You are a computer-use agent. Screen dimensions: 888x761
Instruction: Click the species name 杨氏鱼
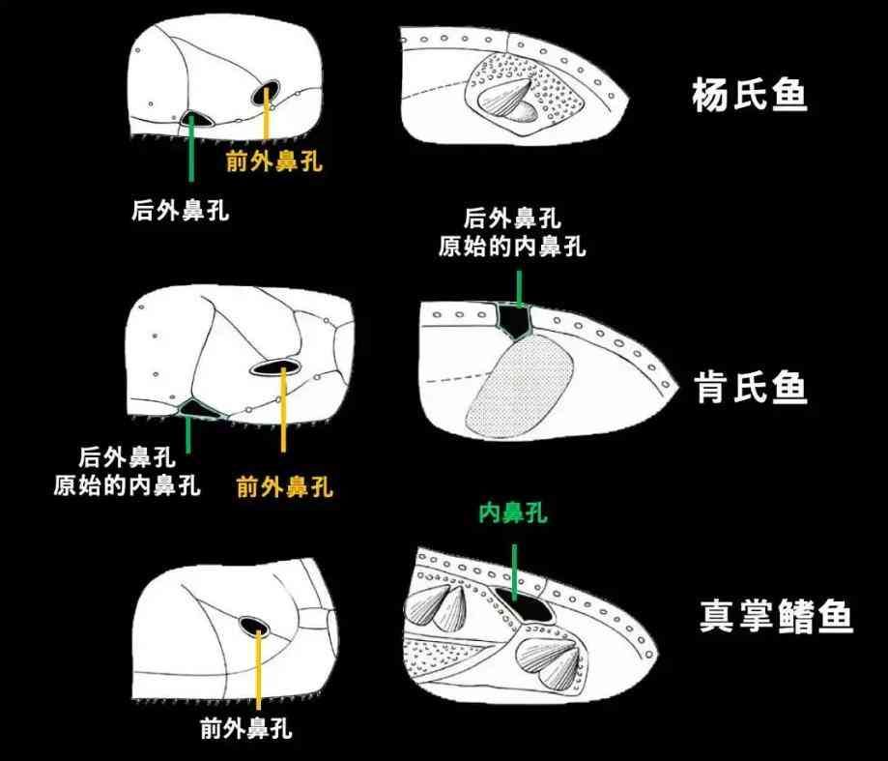click(749, 94)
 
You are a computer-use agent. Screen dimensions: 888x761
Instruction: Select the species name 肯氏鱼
click(752, 388)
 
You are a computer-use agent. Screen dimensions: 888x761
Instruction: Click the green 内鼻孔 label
click(513, 512)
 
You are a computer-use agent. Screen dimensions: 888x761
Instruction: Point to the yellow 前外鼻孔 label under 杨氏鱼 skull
click(274, 161)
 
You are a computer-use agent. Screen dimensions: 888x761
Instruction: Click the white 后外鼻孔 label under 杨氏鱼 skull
click(180, 210)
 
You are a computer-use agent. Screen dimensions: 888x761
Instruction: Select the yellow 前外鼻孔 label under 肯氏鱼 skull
click(284, 486)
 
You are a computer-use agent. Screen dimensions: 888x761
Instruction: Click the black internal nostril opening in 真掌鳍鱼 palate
click(525, 604)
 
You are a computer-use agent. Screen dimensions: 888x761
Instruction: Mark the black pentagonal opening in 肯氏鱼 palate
click(514, 320)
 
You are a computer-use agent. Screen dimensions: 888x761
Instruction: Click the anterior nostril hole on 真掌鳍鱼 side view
click(254, 627)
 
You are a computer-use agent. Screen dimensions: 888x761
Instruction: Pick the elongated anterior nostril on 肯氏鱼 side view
click(274, 367)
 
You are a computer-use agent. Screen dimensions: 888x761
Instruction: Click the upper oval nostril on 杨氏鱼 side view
click(266, 93)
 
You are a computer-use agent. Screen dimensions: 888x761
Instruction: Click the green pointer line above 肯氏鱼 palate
click(518, 289)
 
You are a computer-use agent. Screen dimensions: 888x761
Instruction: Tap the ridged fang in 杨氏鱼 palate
click(505, 95)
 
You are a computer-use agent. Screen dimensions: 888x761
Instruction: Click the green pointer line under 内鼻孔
click(514, 571)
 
